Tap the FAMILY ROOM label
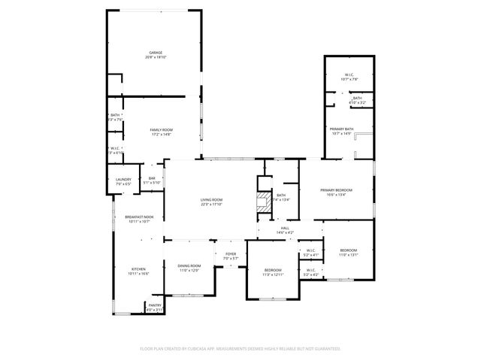[x=161, y=130]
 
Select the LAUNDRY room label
[x=123, y=179]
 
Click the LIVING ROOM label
[x=211, y=199]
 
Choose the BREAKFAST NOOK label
[x=139, y=217]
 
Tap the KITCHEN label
[x=139, y=269]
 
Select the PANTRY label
[x=153, y=305]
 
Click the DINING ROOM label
[x=189, y=265]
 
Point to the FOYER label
[x=231, y=254]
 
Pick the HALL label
[x=285, y=228]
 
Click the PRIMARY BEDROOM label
[x=336, y=190]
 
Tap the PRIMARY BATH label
[x=341, y=129]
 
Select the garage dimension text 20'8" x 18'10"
[x=156, y=57]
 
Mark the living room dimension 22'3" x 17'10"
[x=211, y=204]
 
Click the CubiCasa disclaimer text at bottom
[x=240, y=349]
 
